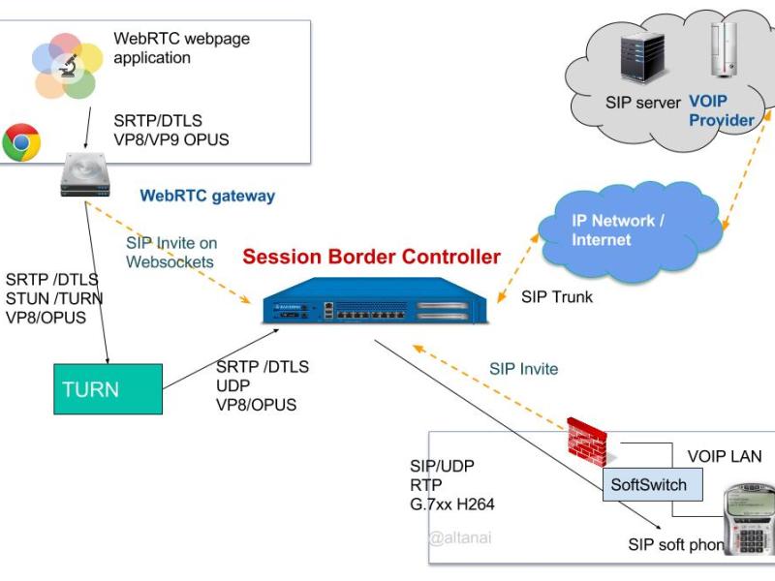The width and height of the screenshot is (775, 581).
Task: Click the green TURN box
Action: pos(108,389)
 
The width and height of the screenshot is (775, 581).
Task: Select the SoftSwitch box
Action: pos(648,484)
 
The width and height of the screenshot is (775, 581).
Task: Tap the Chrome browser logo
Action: pos(21,142)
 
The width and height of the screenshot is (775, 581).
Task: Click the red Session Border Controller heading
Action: pos(371,258)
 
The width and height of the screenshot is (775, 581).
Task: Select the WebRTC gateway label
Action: pos(207,196)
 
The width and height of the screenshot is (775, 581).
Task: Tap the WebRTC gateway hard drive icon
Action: pos(86,175)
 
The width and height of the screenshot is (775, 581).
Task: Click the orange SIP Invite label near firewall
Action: pos(523,369)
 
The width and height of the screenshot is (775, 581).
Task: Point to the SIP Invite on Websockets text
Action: pos(171,252)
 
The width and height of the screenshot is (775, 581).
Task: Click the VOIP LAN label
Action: pos(724,456)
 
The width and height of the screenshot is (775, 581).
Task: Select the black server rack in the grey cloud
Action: pos(642,59)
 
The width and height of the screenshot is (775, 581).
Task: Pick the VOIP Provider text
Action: pos(721,110)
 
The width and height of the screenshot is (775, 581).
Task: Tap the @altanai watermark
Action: pos(460,537)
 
